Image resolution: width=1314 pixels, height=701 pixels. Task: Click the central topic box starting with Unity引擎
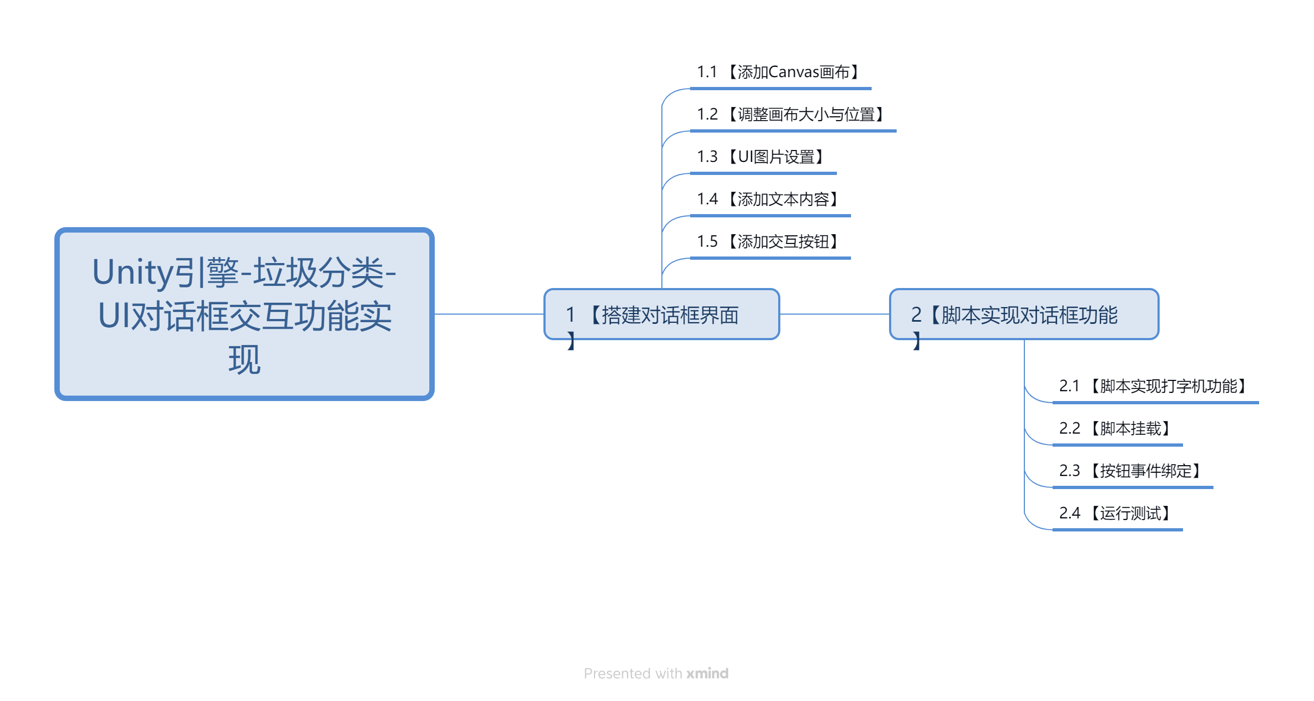244,314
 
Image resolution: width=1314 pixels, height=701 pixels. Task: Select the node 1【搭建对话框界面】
662,314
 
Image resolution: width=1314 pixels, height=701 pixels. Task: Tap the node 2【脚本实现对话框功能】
1024,314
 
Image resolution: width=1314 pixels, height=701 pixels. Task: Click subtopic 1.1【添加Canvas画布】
780,72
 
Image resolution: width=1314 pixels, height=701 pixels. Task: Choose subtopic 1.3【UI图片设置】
762,157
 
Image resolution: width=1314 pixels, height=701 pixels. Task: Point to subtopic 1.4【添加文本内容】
769,199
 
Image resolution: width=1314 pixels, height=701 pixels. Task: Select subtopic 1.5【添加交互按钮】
769,242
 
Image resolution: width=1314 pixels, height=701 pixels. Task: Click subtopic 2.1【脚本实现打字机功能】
1155,386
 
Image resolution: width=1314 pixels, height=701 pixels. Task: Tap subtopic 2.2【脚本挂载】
1117,429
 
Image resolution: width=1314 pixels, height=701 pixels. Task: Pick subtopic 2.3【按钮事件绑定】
1132,471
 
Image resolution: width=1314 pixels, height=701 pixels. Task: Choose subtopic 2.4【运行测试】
1117,514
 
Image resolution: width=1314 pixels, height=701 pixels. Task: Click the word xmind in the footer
707,673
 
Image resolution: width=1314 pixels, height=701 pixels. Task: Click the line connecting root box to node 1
489,314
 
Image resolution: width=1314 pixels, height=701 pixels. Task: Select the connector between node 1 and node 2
835,314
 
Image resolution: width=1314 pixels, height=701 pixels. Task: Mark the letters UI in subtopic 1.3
746,157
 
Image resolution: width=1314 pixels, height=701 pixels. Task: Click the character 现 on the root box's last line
245,360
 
